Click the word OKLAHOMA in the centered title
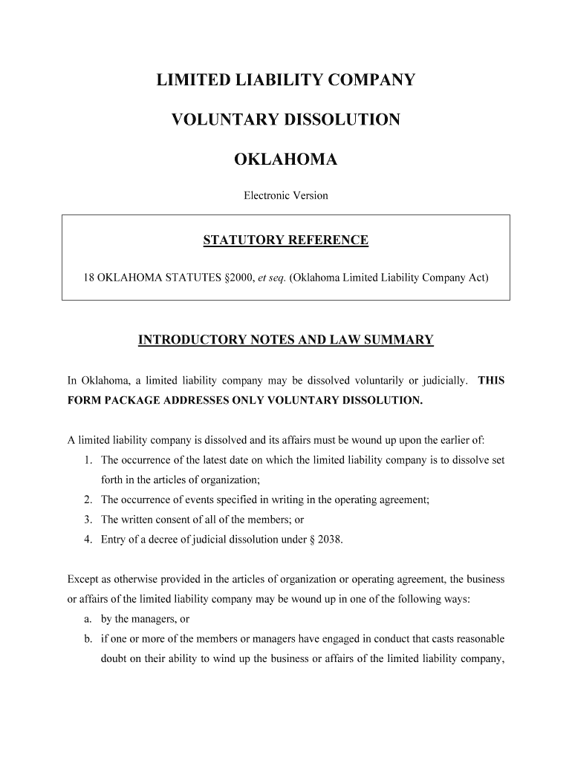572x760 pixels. pyautogui.click(x=286, y=159)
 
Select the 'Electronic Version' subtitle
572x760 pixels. pyautogui.click(x=286, y=196)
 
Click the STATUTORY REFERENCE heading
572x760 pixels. pyautogui.click(x=286, y=240)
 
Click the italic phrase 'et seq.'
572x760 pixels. pyautogui.click(x=271, y=279)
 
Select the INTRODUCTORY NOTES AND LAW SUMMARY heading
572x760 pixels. pyautogui.click(x=286, y=341)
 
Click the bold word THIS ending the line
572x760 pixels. pyautogui.click(x=491, y=381)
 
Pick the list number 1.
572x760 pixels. pyautogui.click(x=88, y=460)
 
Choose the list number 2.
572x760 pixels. pyautogui.click(x=88, y=499)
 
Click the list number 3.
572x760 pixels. pyautogui.click(x=88, y=520)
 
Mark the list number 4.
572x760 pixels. pyautogui.click(x=88, y=540)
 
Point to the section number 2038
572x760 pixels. pyautogui.click(x=329, y=540)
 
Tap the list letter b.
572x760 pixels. pyautogui.click(x=88, y=638)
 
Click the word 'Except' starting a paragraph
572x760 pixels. pyautogui.click(x=82, y=579)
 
